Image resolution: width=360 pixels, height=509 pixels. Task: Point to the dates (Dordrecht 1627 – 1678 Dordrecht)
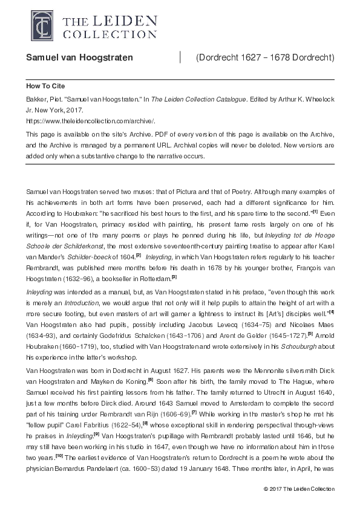click(x=265, y=57)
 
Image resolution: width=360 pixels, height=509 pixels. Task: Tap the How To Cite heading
click(x=45, y=86)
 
